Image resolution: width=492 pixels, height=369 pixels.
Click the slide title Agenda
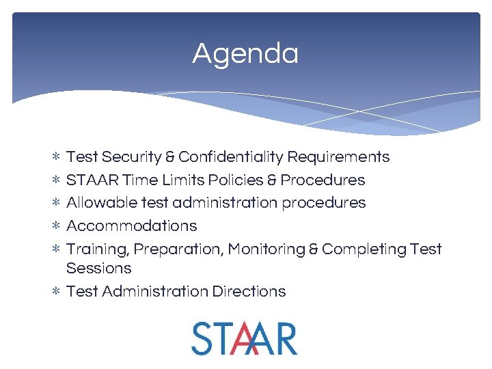click(245, 53)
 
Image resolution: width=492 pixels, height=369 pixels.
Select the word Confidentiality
click(230, 157)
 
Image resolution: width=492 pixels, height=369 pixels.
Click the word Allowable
click(96, 203)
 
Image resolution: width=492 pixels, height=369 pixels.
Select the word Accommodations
click(131, 226)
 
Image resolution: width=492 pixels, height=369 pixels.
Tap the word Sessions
click(99, 268)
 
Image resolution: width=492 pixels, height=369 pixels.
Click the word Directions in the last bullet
click(249, 292)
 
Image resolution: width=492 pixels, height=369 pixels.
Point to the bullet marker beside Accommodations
click(56, 226)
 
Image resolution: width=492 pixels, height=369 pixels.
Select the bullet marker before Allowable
click(56, 203)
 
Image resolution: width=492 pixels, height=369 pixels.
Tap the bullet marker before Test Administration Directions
click(56, 292)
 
